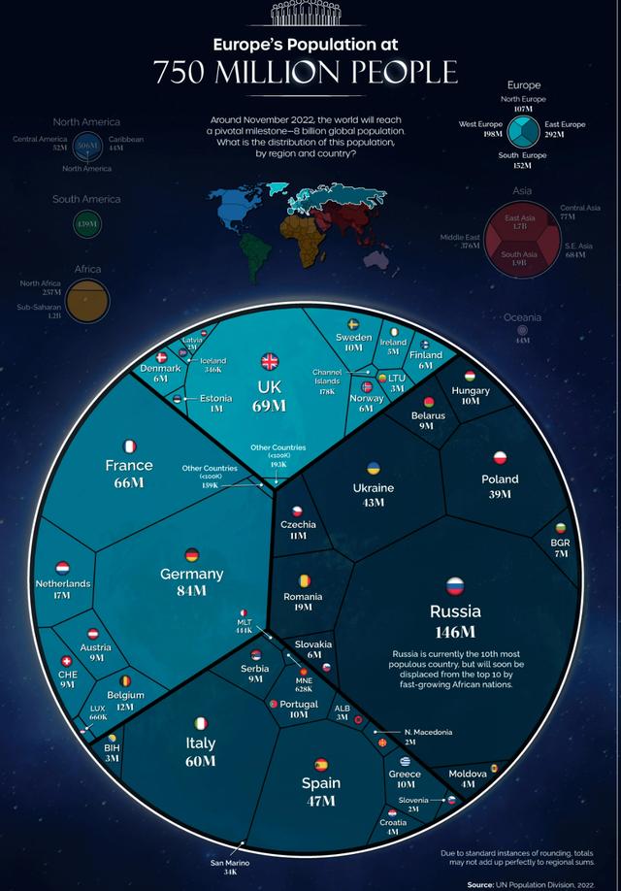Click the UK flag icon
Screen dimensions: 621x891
click(x=269, y=361)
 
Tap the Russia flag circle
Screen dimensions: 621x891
click(x=455, y=586)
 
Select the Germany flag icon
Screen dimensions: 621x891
click(x=191, y=555)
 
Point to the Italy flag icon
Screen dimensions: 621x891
click(x=200, y=723)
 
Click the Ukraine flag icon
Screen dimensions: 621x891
click(x=373, y=468)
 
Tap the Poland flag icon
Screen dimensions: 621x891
click(x=501, y=457)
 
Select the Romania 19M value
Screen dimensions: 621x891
click(x=302, y=608)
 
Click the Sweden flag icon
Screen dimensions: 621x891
click(x=353, y=323)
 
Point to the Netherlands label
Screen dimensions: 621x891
click(x=63, y=583)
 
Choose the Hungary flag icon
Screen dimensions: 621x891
click(x=470, y=376)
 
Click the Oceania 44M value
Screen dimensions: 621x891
click(x=522, y=341)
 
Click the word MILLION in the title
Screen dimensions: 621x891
click(x=306, y=72)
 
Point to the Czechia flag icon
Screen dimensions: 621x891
click(x=298, y=511)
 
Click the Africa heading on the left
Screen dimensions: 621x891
click(x=87, y=269)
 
